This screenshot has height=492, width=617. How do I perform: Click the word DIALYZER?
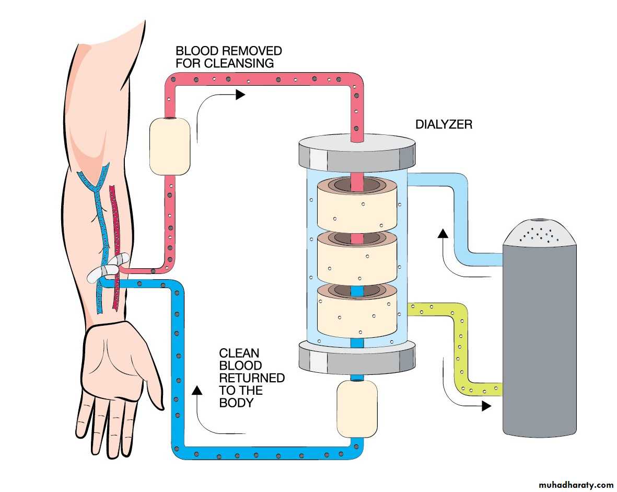click(444, 125)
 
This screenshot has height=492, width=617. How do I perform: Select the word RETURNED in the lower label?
click(252, 377)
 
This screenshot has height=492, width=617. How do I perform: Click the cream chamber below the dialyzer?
click(357, 408)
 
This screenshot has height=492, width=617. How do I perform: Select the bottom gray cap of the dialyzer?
click(357, 356)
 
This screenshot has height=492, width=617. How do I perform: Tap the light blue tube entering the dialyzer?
click(460, 209)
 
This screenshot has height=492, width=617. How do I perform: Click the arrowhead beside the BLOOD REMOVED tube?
click(240, 95)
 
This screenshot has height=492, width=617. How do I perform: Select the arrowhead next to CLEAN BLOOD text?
click(197, 389)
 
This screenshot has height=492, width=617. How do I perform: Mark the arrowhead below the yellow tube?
click(486, 406)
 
